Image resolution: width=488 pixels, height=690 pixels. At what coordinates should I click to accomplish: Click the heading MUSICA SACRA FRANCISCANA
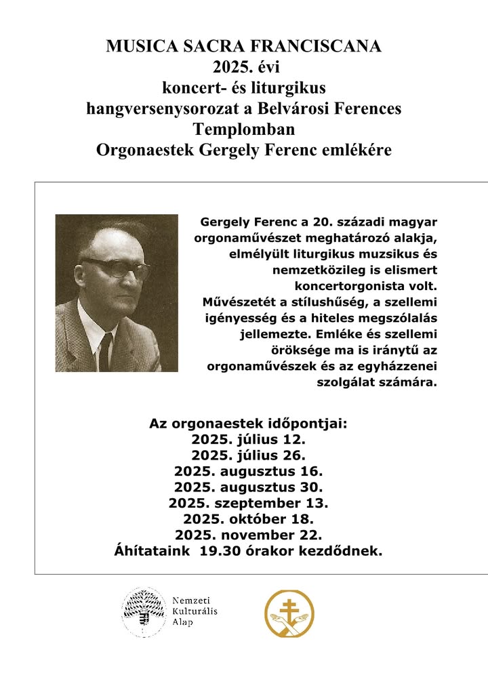[x=244, y=46]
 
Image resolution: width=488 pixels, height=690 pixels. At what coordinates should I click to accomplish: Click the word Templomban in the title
[x=244, y=129]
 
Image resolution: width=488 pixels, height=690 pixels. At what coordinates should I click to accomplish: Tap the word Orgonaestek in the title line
[x=138, y=150]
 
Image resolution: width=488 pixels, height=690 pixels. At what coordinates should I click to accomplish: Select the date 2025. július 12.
[x=248, y=439]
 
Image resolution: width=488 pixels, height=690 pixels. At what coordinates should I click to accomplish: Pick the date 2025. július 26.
[x=248, y=455]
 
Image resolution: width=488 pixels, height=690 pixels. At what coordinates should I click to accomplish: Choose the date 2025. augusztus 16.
[x=248, y=471]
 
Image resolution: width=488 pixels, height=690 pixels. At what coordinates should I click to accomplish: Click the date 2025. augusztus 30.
[x=248, y=487]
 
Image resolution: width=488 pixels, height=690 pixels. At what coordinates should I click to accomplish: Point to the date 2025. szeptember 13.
[x=248, y=503]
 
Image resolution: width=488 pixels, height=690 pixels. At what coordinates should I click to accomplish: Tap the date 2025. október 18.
[x=248, y=519]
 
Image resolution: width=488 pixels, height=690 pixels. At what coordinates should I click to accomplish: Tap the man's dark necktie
[x=105, y=351]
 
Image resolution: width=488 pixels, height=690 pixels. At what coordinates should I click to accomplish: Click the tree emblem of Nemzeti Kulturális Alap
[x=144, y=612]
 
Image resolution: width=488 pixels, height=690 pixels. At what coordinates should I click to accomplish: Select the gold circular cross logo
[x=289, y=613]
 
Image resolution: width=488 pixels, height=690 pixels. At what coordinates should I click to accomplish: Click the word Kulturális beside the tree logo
[x=195, y=611]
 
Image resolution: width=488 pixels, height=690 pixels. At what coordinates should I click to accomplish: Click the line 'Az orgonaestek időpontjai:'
[x=248, y=424]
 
